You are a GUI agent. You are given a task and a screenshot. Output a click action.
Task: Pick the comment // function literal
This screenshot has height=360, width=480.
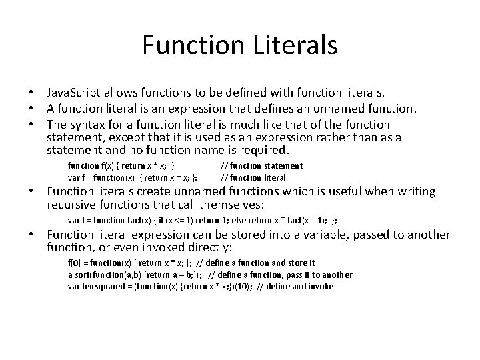coord(253,177)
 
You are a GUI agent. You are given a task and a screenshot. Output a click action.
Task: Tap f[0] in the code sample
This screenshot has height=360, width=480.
coord(75,263)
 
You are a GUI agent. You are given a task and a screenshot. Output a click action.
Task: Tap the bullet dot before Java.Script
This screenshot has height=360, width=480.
coord(31,91)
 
